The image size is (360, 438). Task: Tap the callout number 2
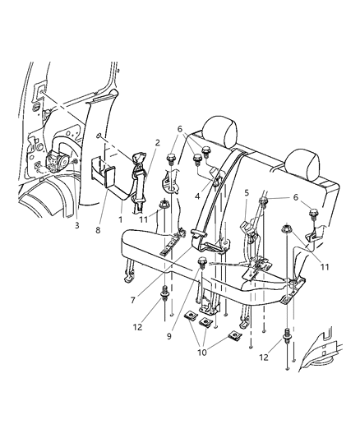157,142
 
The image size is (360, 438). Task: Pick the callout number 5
246,193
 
